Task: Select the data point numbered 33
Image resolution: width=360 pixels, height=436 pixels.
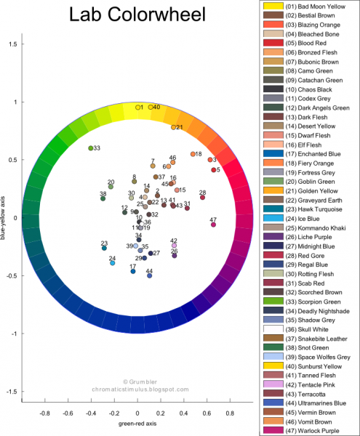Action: tap(91, 148)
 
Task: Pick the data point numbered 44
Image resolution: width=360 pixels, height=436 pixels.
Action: tap(149, 275)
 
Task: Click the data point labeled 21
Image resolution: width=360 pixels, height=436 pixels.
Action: tap(174, 127)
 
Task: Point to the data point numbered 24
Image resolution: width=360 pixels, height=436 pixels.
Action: tap(113, 263)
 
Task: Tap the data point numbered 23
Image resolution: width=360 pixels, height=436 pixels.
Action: tap(105, 249)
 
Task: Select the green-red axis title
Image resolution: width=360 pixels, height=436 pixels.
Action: tap(138, 422)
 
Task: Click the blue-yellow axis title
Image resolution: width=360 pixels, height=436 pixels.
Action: tap(6, 218)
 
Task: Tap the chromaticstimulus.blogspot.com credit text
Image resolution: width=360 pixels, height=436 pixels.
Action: tap(138, 389)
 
